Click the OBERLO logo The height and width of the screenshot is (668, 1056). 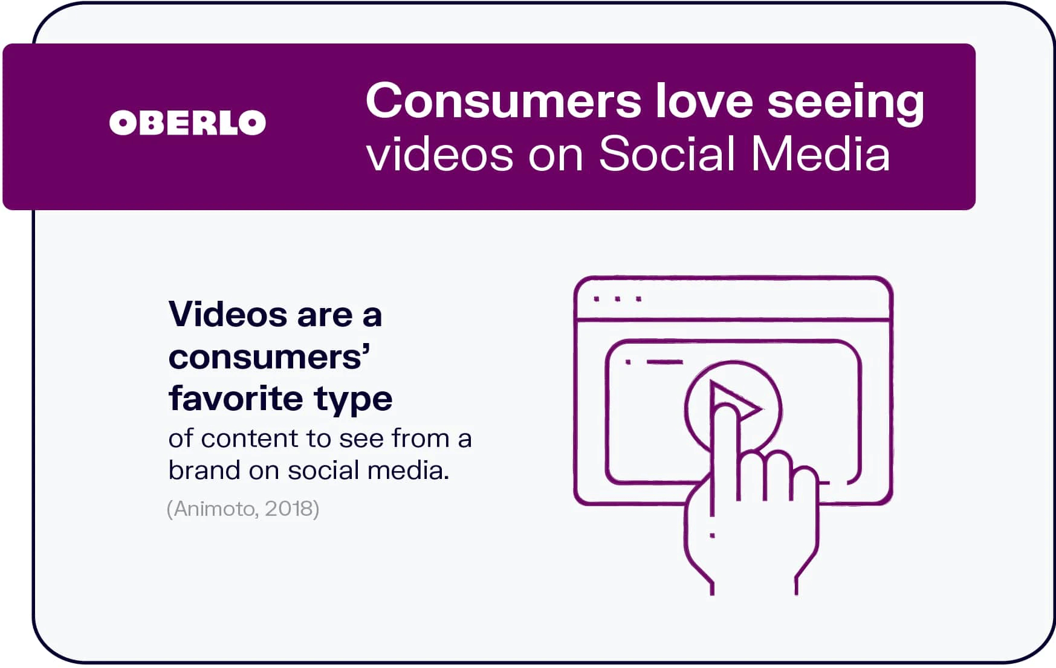(187, 123)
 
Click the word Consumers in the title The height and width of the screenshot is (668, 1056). (504, 101)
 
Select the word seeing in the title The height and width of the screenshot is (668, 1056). (846, 104)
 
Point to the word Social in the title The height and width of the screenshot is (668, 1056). (667, 153)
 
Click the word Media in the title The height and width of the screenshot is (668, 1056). (821, 153)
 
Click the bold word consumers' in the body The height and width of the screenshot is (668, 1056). (270, 357)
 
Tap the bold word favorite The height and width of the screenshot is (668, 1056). (235, 399)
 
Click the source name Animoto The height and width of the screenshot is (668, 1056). (215, 509)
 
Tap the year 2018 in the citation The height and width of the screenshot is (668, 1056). (288, 509)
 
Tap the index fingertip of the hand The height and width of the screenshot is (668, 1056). (725, 411)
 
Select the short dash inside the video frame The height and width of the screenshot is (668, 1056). (664, 362)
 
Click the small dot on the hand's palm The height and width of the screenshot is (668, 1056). (712, 535)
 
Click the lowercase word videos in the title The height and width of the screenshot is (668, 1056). (440, 153)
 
